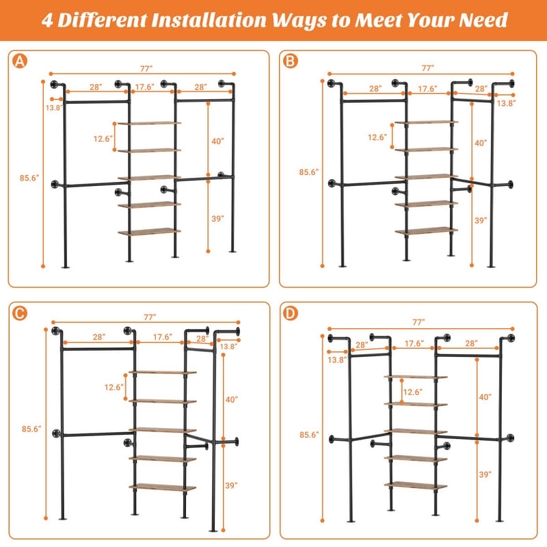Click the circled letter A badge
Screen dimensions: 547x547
click(20, 62)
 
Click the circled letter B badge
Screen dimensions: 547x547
click(291, 62)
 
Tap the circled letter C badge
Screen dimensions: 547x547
click(20, 313)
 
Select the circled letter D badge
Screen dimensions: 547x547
click(291, 313)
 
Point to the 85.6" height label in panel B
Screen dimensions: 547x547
click(309, 172)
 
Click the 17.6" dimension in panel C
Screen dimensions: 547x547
click(163, 337)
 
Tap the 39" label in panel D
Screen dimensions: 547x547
click(484, 475)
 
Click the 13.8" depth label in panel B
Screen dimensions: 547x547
click(507, 103)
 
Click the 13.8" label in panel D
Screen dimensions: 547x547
click(337, 359)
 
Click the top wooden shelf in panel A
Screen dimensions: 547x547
click(149, 123)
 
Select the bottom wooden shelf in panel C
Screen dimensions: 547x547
click(163, 488)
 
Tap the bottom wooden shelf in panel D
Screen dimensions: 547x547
click(415, 485)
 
